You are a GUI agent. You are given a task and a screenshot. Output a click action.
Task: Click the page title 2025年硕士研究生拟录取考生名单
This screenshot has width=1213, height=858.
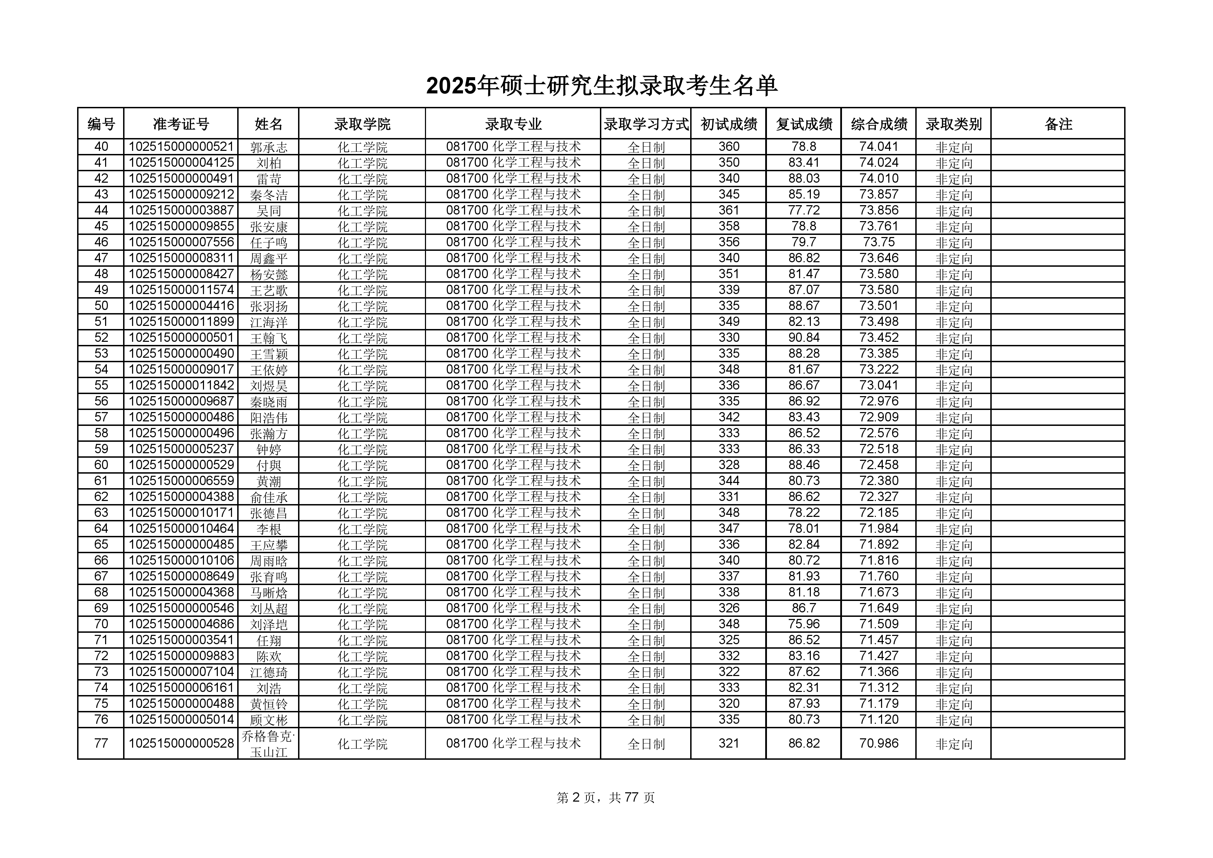tap(601, 86)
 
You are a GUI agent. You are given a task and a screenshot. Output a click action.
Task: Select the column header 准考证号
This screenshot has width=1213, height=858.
tap(181, 124)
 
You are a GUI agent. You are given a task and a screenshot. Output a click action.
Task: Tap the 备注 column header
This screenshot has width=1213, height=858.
tap(1058, 124)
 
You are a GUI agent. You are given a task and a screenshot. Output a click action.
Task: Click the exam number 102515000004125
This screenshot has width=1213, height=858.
tap(181, 163)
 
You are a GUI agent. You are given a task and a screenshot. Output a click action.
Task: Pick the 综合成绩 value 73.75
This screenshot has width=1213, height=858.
tap(879, 242)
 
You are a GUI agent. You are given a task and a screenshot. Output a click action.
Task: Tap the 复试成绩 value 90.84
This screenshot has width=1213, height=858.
tap(804, 338)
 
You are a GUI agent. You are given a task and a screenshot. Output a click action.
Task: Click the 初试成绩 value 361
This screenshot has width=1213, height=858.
tap(729, 210)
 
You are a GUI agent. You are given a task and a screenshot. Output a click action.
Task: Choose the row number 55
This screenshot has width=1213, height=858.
tap(101, 385)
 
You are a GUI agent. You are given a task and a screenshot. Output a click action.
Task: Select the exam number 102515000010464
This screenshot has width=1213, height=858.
tap(181, 529)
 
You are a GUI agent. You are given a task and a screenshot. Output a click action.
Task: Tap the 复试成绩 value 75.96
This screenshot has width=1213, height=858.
tap(804, 624)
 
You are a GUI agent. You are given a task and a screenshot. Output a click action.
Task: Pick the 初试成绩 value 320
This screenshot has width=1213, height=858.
tap(729, 704)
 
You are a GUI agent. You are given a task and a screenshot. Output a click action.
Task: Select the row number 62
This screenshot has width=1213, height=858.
tap(101, 497)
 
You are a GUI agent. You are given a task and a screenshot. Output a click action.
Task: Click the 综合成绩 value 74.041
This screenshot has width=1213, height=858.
tap(879, 147)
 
